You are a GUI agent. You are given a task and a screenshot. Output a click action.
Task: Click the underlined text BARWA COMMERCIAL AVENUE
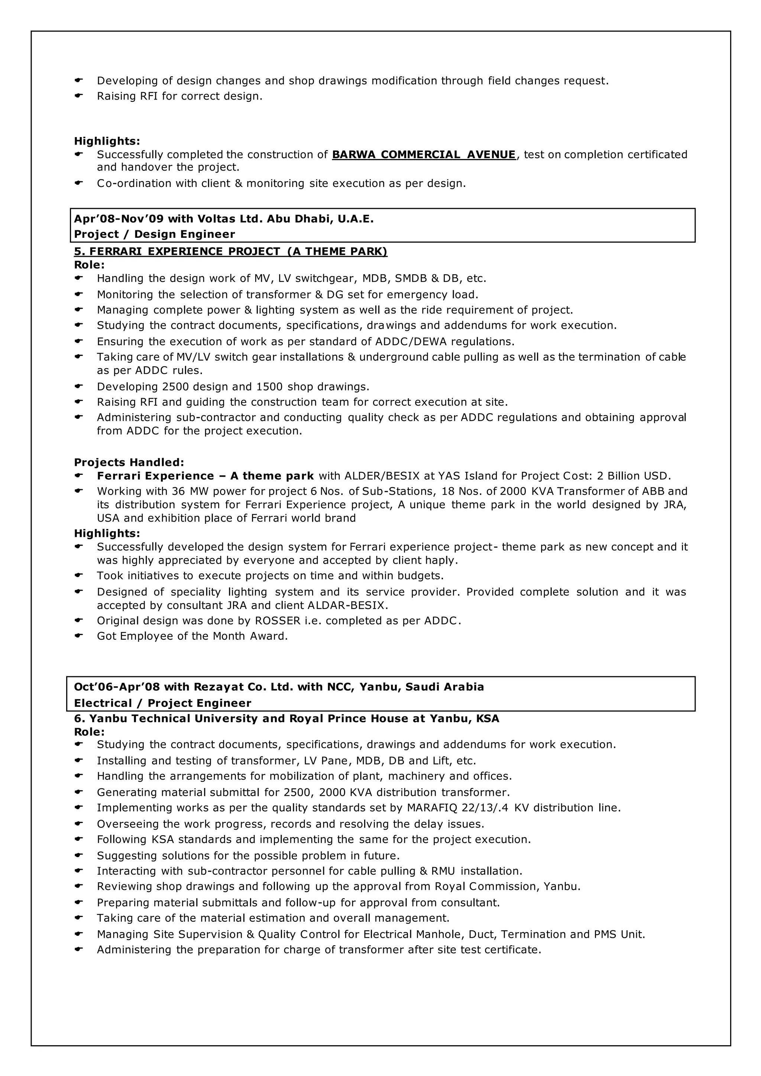(424, 155)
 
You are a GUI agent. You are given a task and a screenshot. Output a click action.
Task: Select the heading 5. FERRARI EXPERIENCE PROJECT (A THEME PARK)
(230, 252)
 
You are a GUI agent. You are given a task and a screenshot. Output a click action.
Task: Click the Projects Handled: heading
(129, 463)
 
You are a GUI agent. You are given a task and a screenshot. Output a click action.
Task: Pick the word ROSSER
(278, 620)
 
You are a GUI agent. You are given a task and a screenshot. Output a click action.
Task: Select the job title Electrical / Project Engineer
(163, 703)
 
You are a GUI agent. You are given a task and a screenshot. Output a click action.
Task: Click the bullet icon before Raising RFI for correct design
(79, 95)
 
